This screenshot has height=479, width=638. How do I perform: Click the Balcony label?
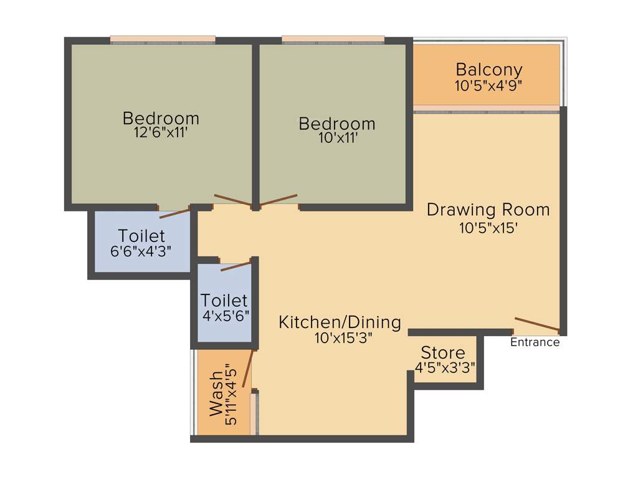(x=488, y=69)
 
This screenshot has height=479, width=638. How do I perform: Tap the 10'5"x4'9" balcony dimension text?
(x=488, y=85)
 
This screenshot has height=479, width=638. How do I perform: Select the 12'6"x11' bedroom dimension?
(x=161, y=133)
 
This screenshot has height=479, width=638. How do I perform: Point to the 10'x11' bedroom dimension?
(x=337, y=138)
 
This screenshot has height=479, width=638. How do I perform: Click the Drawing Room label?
(x=488, y=210)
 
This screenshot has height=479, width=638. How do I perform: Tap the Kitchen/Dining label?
(x=340, y=322)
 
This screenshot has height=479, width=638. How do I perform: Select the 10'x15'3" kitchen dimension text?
(x=340, y=338)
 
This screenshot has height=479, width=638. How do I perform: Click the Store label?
(x=443, y=352)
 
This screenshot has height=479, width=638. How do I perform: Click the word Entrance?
(x=535, y=342)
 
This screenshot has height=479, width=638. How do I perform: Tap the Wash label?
(x=216, y=394)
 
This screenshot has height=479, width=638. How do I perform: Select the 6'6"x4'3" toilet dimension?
(x=141, y=252)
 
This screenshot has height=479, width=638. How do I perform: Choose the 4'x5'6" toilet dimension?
(x=226, y=316)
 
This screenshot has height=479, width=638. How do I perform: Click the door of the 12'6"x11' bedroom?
(x=233, y=200)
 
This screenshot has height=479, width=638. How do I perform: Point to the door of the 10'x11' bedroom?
(x=279, y=200)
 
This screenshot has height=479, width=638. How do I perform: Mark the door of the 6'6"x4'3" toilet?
(x=174, y=213)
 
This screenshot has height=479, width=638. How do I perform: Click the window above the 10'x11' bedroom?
(x=333, y=41)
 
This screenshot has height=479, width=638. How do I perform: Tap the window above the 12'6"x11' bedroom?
(x=163, y=41)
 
